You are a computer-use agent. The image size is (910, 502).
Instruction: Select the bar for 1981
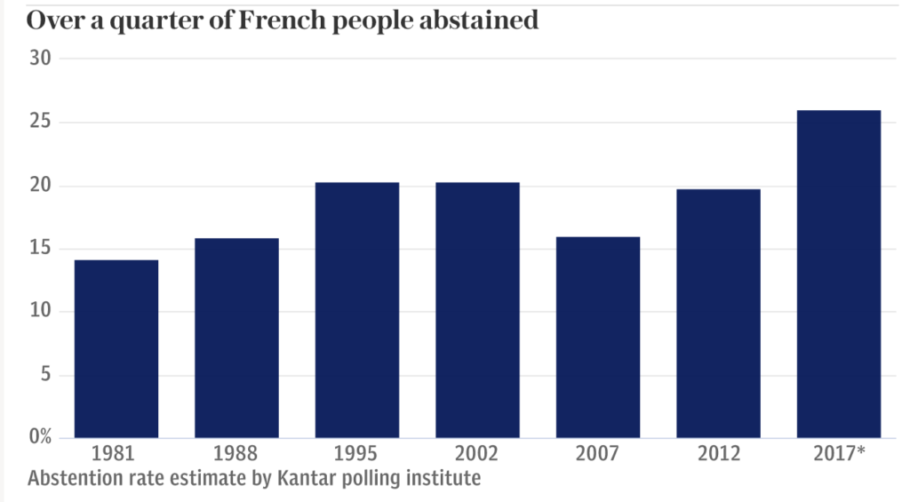116,348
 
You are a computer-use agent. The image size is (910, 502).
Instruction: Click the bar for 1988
236,338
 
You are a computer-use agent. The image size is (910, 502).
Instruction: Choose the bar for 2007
598,337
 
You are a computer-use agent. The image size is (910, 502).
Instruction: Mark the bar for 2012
718,313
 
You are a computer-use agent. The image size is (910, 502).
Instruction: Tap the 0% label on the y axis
40,437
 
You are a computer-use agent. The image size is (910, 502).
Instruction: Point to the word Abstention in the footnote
72,479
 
